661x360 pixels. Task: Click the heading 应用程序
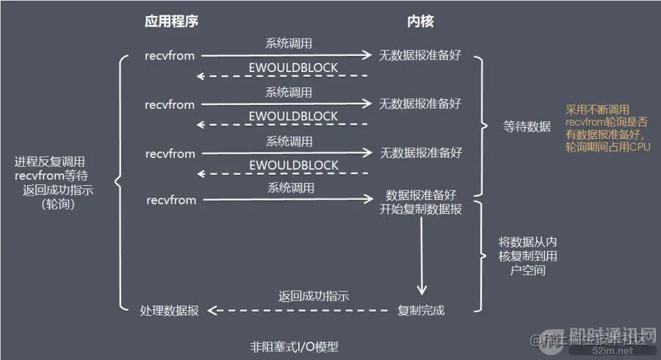[171, 21]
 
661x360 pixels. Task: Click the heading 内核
[420, 21]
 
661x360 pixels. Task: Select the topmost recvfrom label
[170, 55]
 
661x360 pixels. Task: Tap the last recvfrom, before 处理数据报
[170, 200]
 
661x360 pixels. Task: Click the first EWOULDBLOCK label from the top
[294, 68]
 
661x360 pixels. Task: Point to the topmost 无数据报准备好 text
[420, 55]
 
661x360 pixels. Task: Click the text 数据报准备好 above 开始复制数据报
[421, 195]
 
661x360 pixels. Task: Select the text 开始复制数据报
[421, 209]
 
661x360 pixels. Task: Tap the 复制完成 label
[421, 310]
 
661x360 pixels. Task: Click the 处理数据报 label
[170, 311]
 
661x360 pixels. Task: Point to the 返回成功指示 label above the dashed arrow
[314, 296]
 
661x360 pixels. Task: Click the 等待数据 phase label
[527, 126]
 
